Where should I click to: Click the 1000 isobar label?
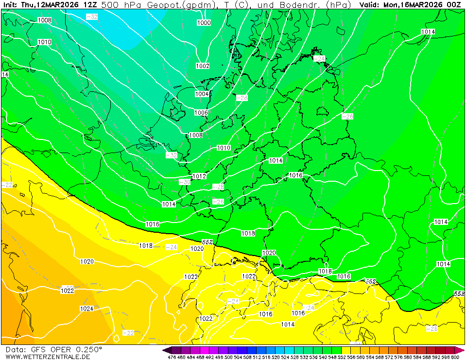[204, 23]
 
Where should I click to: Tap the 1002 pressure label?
[203, 66]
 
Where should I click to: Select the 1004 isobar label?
[202, 94]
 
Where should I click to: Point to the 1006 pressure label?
[201, 113]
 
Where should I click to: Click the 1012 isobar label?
[199, 176]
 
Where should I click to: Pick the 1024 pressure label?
[86, 309]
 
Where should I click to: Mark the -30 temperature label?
[185, 182]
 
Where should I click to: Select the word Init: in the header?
[10, 4]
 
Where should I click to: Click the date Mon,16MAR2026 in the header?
[413, 4]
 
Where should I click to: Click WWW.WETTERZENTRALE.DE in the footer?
[48, 357]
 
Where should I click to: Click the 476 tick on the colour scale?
[172, 357]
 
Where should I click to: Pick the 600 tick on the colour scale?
[455, 357]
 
